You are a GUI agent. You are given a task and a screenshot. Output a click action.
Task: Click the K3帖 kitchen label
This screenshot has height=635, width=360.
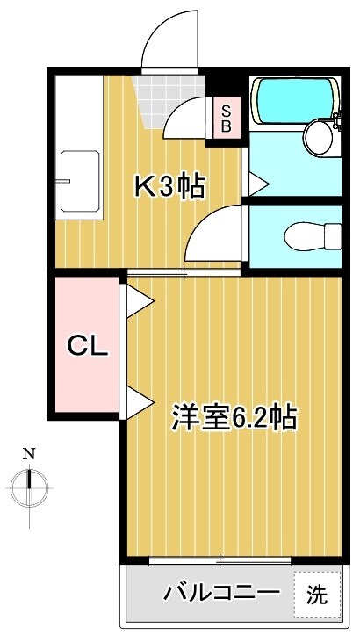[x=169, y=186]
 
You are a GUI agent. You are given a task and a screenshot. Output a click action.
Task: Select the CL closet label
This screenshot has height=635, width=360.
[x=87, y=346]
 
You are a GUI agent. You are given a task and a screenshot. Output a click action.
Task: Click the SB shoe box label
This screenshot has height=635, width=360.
[x=226, y=118]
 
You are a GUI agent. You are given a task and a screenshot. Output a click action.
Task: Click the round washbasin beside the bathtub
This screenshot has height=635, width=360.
[x=318, y=136]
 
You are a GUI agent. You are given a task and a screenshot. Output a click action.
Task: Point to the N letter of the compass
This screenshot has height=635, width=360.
[x=29, y=454]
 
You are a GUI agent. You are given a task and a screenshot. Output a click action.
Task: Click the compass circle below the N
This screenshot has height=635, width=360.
[x=30, y=484]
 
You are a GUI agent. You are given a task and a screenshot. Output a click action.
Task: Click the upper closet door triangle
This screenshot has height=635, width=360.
[x=139, y=300]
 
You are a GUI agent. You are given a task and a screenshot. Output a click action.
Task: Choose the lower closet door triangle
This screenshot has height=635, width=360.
[x=139, y=402]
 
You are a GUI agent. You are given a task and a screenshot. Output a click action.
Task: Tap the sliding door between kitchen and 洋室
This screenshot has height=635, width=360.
[x=184, y=273]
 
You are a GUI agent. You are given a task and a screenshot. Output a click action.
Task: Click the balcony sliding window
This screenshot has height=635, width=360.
[x=220, y=559]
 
